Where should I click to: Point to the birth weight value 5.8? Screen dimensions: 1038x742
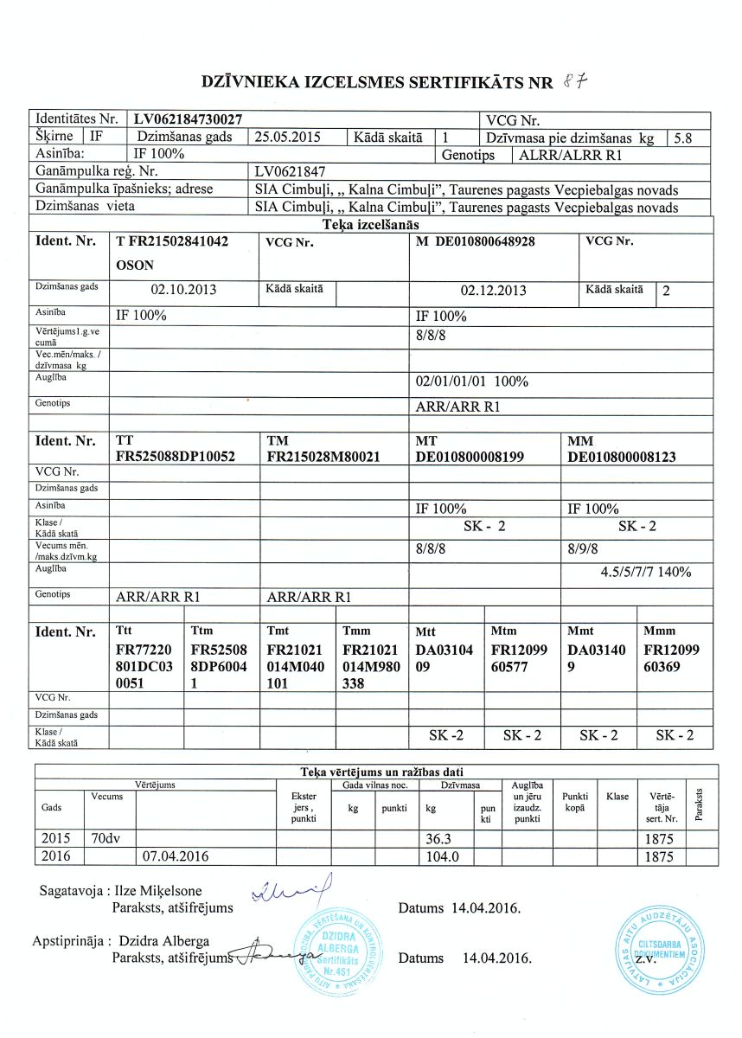[681, 137]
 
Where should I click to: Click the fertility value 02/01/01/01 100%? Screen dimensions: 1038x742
[471, 381]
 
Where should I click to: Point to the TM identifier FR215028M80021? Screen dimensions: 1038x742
[324, 457]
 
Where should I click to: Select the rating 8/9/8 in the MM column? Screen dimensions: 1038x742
[588, 548]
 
